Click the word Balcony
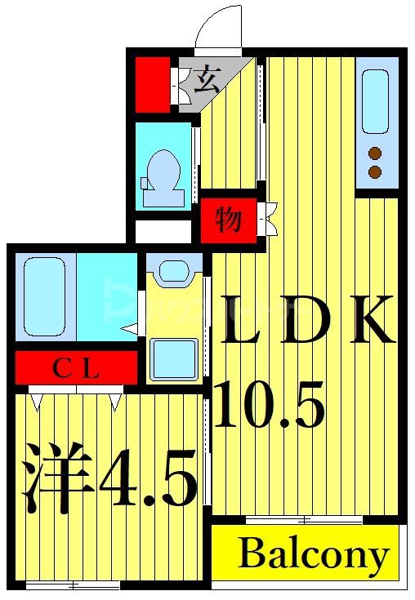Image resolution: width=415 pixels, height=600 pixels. click(x=314, y=555)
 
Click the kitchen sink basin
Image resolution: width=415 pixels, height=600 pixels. click(x=375, y=101)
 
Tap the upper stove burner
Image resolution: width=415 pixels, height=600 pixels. click(x=375, y=153)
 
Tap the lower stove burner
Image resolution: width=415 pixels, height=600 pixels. click(x=375, y=171)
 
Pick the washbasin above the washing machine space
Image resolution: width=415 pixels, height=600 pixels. click(x=173, y=269)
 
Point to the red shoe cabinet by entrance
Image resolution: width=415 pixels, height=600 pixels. click(x=152, y=83)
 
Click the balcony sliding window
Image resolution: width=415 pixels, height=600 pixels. click(x=303, y=519)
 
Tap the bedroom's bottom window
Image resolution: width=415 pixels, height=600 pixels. click(x=72, y=584)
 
